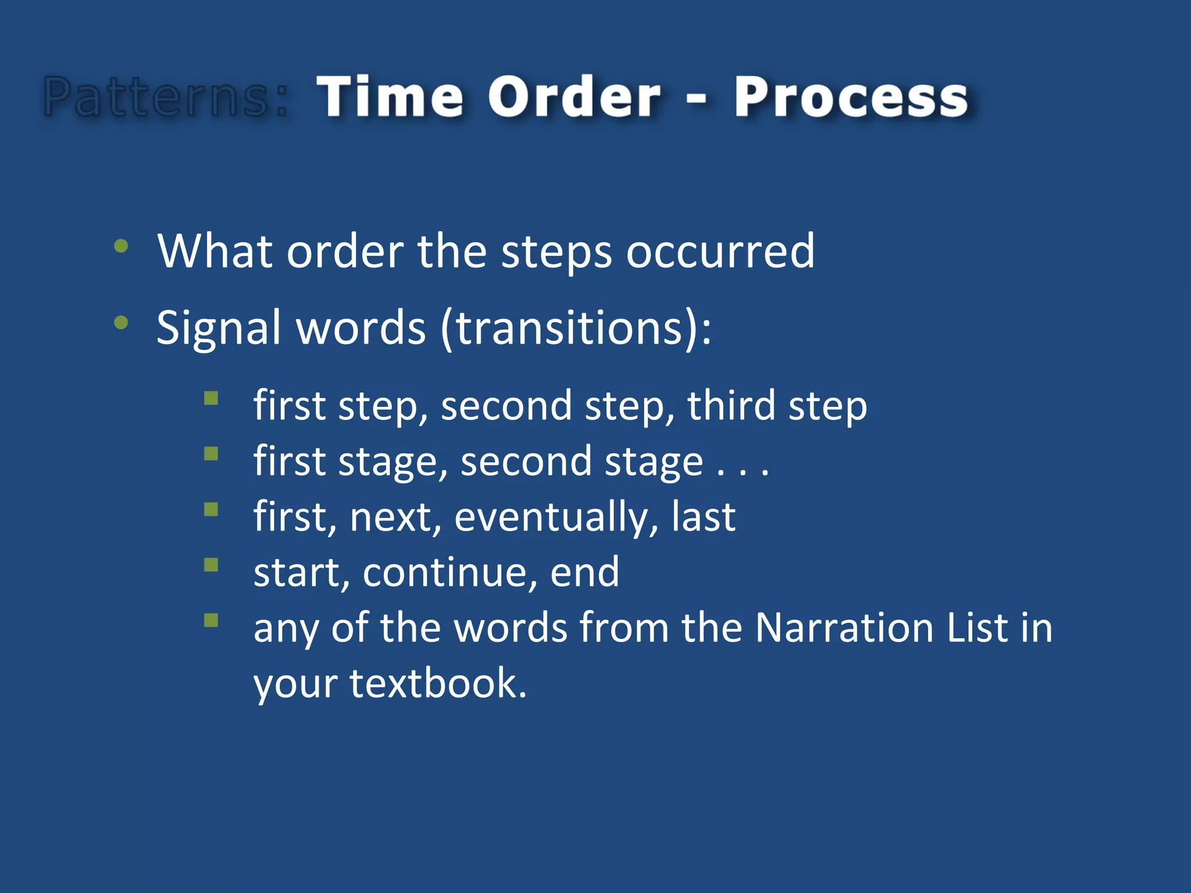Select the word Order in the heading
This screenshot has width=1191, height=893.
click(574, 97)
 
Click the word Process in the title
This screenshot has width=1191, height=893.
click(851, 97)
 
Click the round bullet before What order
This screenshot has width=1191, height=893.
click(121, 246)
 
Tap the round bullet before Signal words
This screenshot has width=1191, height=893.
click(121, 323)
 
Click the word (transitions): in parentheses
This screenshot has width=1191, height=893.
click(576, 328)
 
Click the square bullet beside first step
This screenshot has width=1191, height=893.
click(211, 398)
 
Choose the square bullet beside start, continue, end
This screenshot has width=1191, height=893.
click(211, 565)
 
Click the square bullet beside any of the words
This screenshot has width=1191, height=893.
click(211, 620)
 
